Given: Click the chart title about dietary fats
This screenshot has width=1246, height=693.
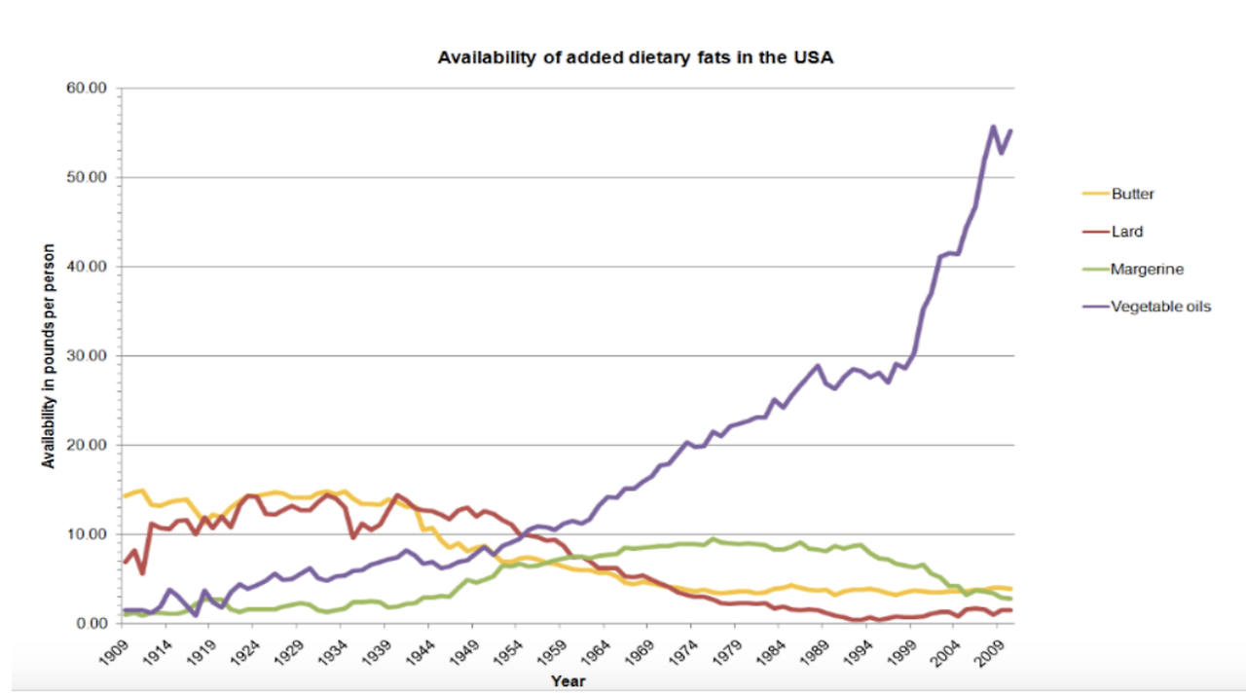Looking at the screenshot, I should pos(635,57).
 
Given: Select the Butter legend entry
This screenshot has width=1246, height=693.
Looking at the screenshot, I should pos(1132,194).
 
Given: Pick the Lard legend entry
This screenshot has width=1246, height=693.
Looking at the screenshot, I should pos(1126,232).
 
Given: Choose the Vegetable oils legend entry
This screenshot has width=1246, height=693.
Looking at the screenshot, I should pos(1159,307).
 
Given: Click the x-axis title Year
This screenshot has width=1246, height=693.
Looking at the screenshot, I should pos(568,680).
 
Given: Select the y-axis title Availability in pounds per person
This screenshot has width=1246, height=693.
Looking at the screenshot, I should pos(48,355).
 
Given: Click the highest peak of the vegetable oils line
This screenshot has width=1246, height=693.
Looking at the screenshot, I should pos(993,127).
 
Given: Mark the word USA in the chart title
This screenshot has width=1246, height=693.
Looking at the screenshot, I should pos(816,57).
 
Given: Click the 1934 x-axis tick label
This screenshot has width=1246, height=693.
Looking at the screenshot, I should pos(338,649).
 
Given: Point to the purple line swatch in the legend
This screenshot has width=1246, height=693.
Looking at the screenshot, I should pos(1096,307).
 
